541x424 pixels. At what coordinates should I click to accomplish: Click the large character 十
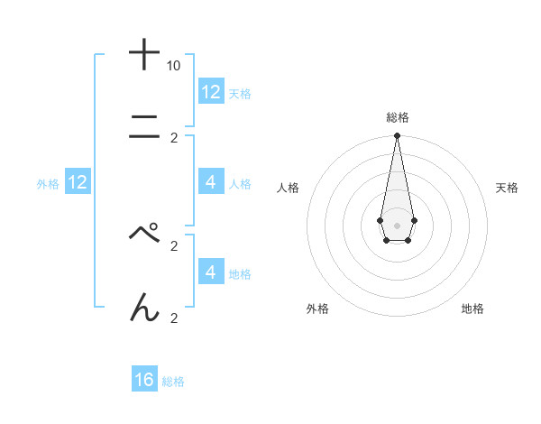coord(144,54)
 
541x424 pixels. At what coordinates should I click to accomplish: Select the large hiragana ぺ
coord(144,233)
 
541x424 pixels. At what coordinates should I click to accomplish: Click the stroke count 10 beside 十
coord(173,66)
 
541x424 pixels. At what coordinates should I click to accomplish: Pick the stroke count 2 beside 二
coord(173,138)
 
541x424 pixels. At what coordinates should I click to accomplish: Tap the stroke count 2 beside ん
coord(173,318)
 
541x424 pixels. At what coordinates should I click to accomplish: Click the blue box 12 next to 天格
coord(211,92)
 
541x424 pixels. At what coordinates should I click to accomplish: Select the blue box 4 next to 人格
coord(211,182)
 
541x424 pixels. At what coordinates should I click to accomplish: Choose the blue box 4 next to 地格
coord(211,272)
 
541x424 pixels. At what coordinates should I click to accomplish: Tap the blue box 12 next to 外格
coord(78,183)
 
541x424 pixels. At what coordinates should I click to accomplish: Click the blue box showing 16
coord(144,380)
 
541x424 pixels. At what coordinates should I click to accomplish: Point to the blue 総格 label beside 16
coord(173,382)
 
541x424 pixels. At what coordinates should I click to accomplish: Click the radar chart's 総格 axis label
coord(397,117)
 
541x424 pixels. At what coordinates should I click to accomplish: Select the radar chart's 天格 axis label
coord(507,188)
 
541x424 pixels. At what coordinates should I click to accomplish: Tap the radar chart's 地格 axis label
coord(472,309)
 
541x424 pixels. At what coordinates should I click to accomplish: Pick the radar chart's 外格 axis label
coord(317,309)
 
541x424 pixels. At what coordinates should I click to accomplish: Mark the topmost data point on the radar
coord(397,136)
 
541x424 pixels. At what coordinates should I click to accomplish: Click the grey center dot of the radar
coord(397,224)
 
